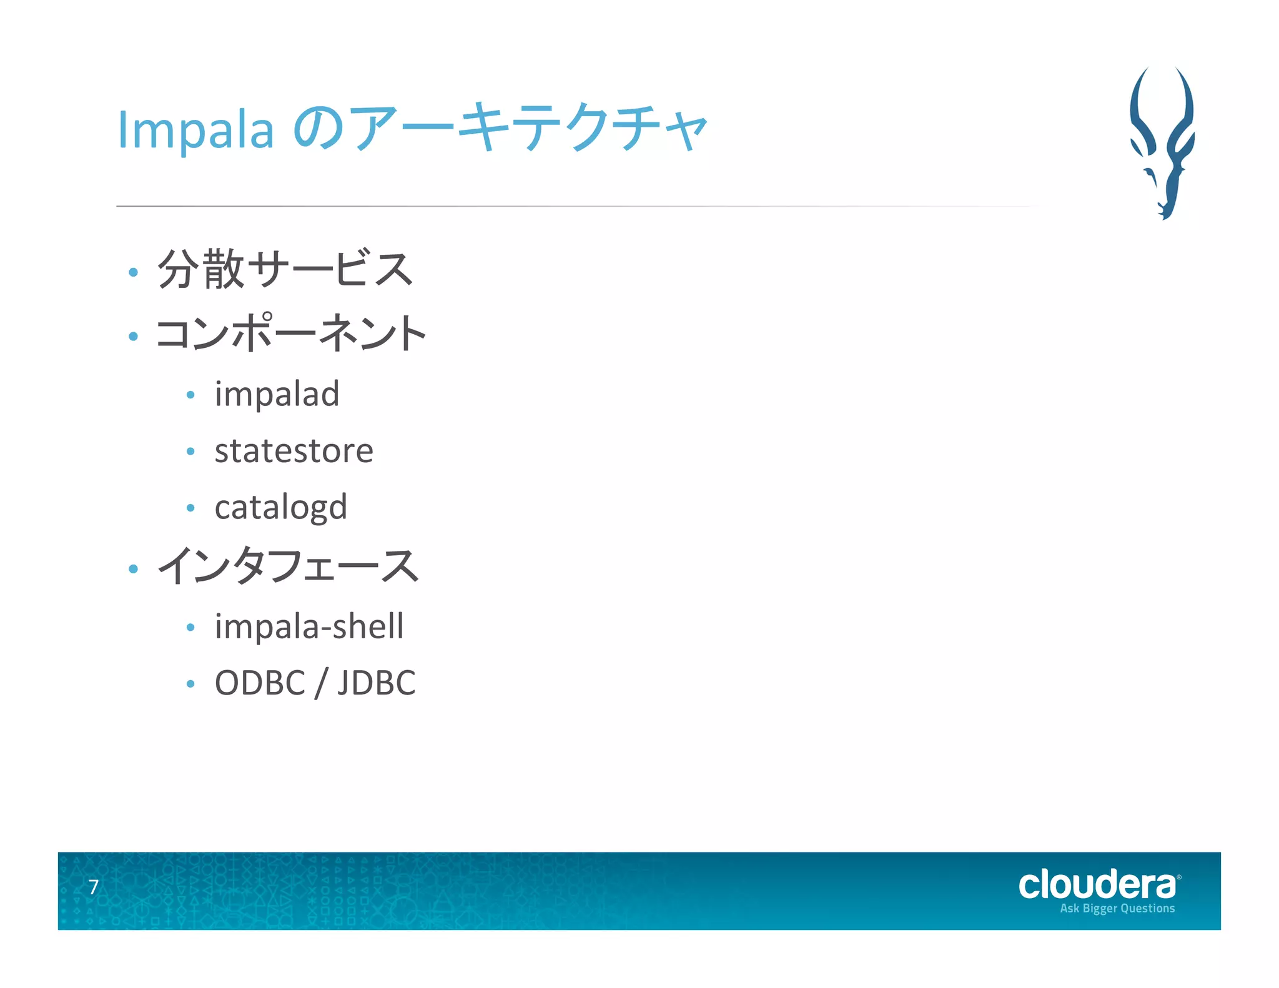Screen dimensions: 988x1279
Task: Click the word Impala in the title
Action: pyautogui.click(x=195, y=129)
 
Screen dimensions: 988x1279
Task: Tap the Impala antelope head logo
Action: pyautogui.click(x=1162, y=142)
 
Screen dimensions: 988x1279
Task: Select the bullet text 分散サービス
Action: pyautogui.click(x=285, y=269)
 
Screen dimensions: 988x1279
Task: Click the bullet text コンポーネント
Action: pyautogui.click(x=291, y=332)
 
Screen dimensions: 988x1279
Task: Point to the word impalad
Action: pyautogui.click(x=277, y=394)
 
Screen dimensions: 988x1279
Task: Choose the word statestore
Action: pyautogui.click(x=294, y=450)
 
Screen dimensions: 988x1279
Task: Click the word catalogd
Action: pyautogui.click(x=280, y=507)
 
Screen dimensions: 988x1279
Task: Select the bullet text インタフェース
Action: pyautogui.click(x=287, y=566)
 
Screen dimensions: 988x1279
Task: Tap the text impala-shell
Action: pyautogui.click(x=309, y=626)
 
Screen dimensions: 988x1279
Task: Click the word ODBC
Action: pyautogui.click(x=260, y=683)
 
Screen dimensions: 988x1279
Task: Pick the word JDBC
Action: pyautogui.click(x=377, y=683)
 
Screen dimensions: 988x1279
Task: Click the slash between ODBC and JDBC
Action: pyautogui.click(x=321, y=683)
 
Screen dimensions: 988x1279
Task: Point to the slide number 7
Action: pyautogui.click(x=94, y=887)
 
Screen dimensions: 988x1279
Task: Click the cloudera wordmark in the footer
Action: pyautogui.click(x=1097, y=885)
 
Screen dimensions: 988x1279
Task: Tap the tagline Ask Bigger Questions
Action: pyautogui.click(x=1117, y=909)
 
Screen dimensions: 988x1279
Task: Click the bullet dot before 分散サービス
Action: pyautogui.click(x=133, y=272)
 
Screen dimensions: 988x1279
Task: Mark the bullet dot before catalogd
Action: pyautogui.click(x=190, y=508)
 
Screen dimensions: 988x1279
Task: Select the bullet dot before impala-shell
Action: pyautogui.click(x=190, y=627)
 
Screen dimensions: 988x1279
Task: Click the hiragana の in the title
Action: pyautogui.click(x=318, y=129)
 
